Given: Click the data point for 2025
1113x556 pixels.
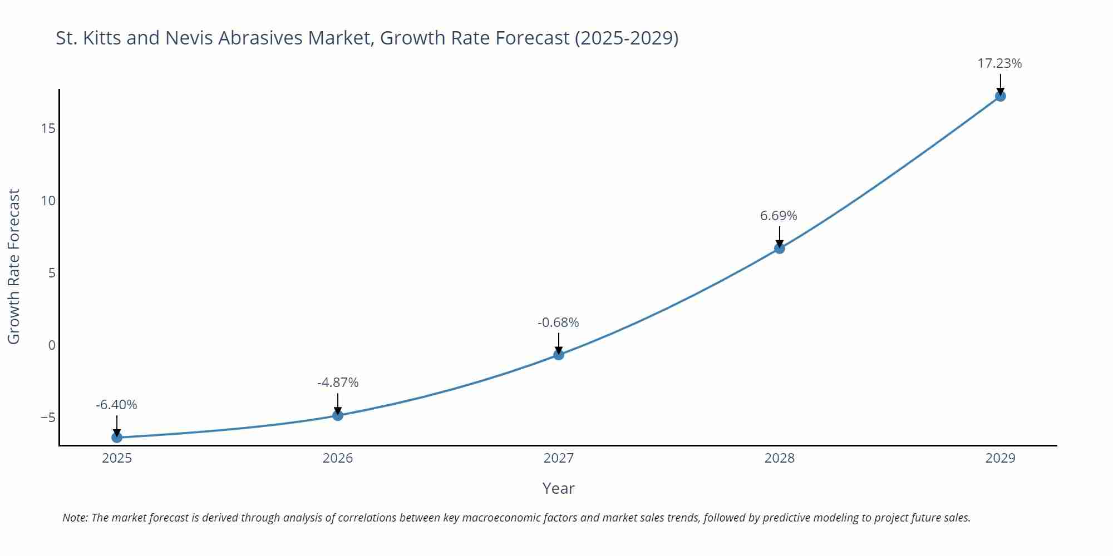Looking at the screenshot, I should (117, 438).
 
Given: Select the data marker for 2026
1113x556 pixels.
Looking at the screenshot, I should (338, 415).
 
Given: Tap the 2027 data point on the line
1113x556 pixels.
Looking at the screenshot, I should (559, 355).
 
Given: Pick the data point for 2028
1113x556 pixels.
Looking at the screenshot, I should (780, 249).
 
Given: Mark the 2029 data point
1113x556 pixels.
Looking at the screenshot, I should (1000, 96).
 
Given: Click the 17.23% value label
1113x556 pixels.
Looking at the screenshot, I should (999, 63).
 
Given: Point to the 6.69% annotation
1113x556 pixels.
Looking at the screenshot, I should (779, 216).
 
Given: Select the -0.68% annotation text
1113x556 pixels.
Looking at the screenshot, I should (558, 322).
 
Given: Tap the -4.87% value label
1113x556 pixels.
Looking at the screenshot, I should (338, 383).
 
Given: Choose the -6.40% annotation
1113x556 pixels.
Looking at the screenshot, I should (116, 405).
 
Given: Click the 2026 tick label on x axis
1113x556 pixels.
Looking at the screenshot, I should (338, 458).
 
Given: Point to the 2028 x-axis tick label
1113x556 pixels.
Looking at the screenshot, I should (780, 458).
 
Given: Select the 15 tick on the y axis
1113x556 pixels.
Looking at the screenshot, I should (48, 129).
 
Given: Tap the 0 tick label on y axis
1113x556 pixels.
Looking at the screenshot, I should (52, 345).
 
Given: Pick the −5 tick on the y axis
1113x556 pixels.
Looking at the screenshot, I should (48, 418).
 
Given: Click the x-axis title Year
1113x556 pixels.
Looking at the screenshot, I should (558, 488).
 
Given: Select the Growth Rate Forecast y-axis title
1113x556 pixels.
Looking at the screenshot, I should (14, 266).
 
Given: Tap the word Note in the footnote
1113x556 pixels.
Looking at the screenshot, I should (74, 518).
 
